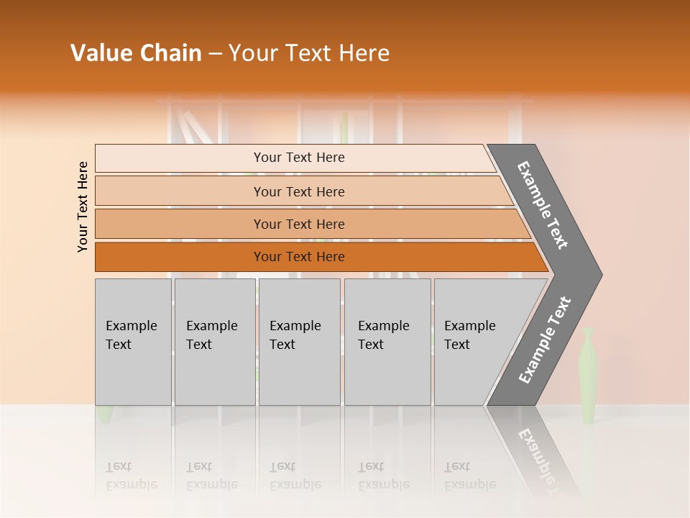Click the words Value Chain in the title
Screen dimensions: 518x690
coord(136,53)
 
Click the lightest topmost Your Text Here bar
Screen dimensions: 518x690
coord(298,158)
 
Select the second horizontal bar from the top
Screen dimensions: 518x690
coord(298,191)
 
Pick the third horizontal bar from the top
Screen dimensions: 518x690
coord(298,224)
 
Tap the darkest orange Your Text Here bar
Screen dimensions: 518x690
coord(298,257)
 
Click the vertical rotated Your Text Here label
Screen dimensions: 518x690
coord(83,206)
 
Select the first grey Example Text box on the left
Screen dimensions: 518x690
coord(133,342)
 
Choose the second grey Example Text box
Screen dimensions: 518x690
coord(214,342)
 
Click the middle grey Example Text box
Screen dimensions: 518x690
coord(299,342)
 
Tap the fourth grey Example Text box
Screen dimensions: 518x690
coord(387,342)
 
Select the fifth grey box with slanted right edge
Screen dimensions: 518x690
coord(474,342)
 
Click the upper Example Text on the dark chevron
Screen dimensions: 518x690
coord(543,206)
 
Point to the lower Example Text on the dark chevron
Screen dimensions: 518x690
coord(544,340)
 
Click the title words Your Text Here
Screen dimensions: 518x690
coord(309,53)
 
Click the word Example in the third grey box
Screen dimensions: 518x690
coord(295,326)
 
